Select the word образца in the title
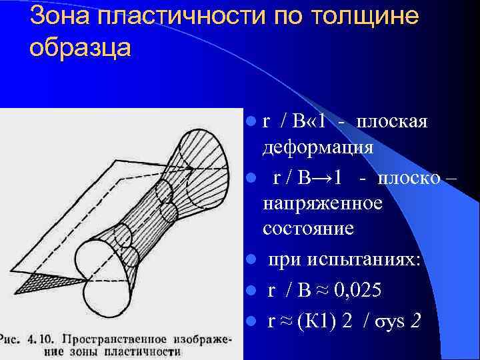point(81,47)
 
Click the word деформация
point(318,147)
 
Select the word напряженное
point(323,203)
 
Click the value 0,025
point(361,291)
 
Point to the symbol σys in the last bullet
point(387,322)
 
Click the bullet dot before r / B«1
point(250,123)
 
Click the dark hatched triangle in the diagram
point(36,283)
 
